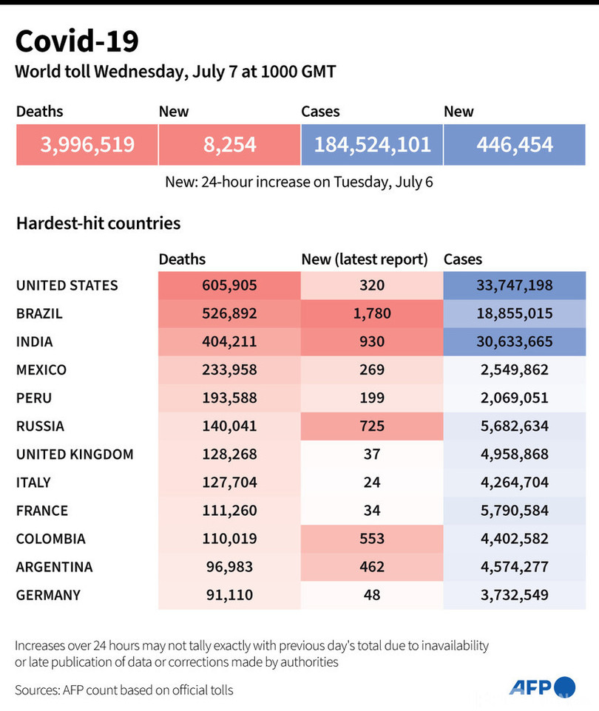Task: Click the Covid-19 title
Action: (x=77, y=41)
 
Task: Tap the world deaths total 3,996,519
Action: (x=87, y=144)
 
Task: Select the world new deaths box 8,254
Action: (x=229, y=144)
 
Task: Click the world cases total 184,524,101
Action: (x=372, y=144)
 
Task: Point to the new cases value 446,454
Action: (x=515, y=144)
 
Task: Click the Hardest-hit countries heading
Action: (x=98, y=222)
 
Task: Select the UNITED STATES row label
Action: (x=67, y=285)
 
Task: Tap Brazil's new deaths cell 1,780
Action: (x=372, y=313)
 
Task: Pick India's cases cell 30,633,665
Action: (x=515, y=341)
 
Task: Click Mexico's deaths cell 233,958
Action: (x=229, y=370)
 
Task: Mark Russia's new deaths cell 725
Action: (x=372, y=426)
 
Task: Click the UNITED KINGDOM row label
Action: (x=75, y=455)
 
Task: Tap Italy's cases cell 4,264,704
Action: (x=515, y=483)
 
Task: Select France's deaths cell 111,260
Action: (x=229, y=511)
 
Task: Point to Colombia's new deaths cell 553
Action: (x=372, y=539)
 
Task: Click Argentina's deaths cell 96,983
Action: (x=229, y=567)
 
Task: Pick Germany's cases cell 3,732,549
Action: (x=515, y=595)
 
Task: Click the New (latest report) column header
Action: (x=365, y=259)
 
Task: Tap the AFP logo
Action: (x=541, y=687)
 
